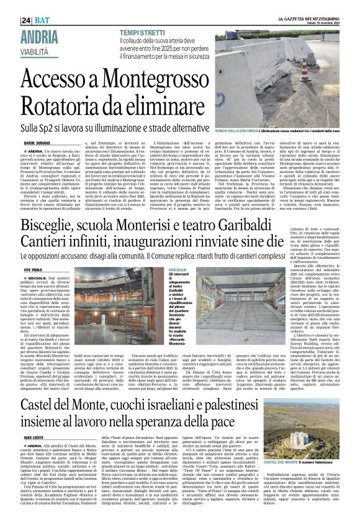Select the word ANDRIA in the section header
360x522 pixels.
point(41,35)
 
